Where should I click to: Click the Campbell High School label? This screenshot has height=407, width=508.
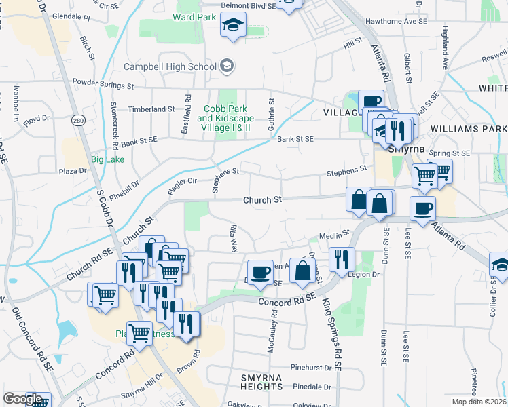point(170,66)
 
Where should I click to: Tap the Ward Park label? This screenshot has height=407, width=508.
point(169,16)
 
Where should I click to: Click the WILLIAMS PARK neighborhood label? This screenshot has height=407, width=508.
point(469,128)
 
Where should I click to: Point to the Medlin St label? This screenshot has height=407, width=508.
point(333,236)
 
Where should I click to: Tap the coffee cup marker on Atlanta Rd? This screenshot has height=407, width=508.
point(422,207)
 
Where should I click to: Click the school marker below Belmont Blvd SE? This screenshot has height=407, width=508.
point(232,26)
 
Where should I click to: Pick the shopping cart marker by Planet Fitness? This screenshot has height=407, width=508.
point(140,333)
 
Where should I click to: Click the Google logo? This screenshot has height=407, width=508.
point(23,400)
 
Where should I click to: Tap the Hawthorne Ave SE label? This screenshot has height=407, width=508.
point(396,22)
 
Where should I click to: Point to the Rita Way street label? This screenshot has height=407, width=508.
point(234,239)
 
